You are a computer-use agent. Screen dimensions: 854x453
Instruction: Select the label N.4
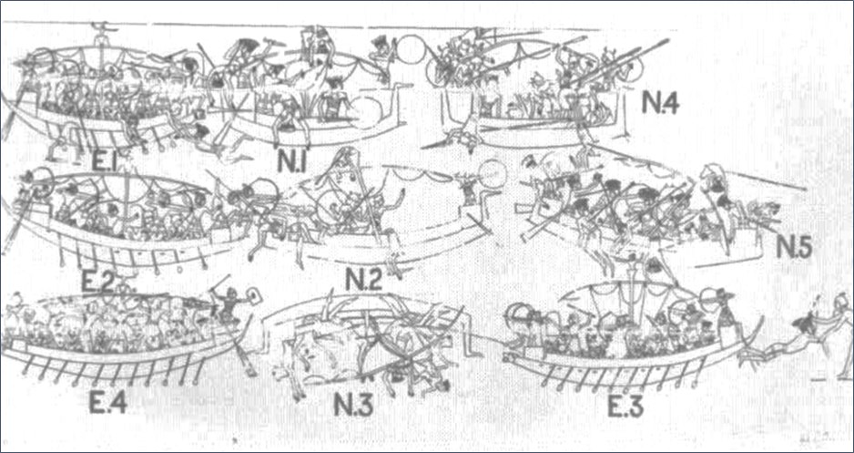660,101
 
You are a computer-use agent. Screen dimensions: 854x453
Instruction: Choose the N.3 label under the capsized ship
354,405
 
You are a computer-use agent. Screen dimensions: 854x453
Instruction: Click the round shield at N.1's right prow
412,49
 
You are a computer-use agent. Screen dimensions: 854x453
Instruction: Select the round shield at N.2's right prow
493,174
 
